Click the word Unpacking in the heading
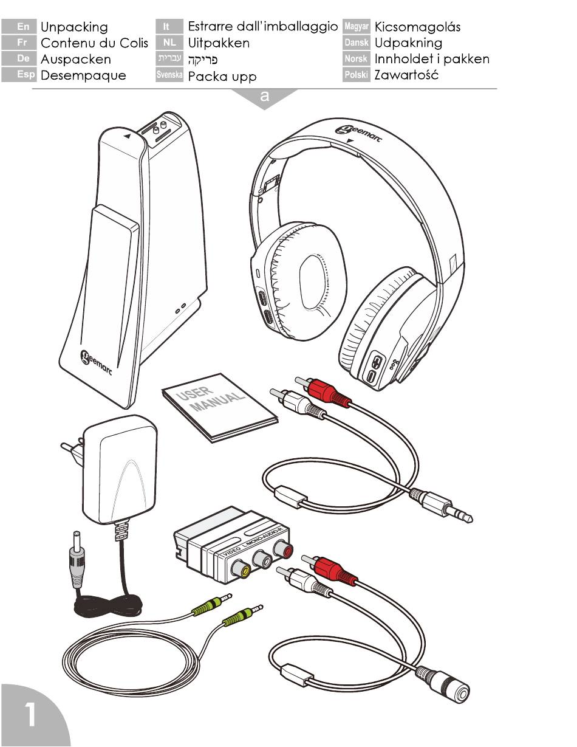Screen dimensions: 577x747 point(74,27)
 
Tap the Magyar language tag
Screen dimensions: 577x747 point(356,27)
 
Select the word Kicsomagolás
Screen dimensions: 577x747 point(418,27)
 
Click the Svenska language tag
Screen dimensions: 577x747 point(169,76)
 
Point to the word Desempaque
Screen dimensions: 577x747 point(83,76)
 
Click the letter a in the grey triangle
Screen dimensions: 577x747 point(264,96)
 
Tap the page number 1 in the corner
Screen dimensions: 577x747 point(29,715)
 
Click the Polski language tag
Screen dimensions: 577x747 point(356,76)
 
